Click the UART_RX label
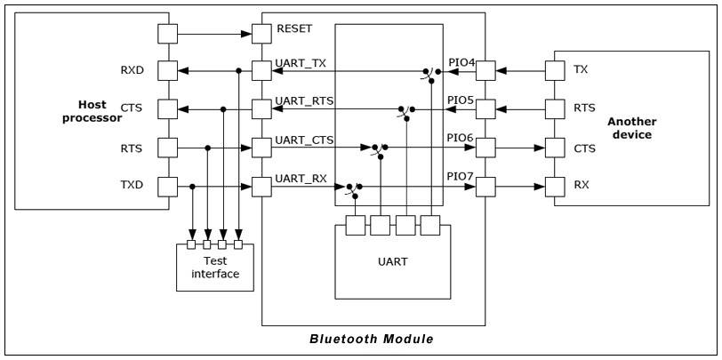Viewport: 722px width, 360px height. pos(301,178)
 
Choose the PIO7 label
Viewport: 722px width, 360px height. pos(461,178)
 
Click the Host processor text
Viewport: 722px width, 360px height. pos(85,111)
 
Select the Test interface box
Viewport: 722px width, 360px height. pos(214,267)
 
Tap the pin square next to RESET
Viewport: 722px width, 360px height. pos(261,34)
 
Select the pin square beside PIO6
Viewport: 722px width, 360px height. pos(485,148)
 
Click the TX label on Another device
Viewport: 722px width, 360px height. pos(581,69)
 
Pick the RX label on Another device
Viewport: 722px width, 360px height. pos(581,186)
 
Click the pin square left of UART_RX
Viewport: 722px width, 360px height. pos(261,187)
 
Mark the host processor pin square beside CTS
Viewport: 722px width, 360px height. pos(168,109)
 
